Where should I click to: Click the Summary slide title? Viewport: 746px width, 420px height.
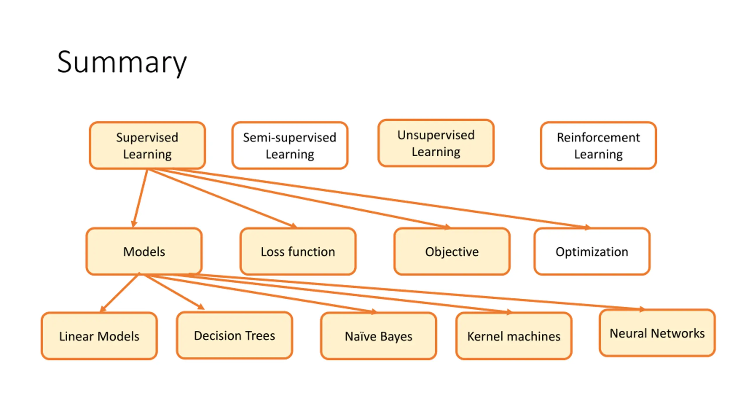point(122,62)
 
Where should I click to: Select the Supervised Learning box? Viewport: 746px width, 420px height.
point(147,146)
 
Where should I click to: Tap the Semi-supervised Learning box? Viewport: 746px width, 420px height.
point(290,146)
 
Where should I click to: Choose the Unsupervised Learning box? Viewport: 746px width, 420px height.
point(436,143)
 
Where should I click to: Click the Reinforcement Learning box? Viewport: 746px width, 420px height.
point(599,146)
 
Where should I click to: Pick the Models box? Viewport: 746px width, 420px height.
point(144,251)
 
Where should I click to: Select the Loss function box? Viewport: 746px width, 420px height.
point(298,251)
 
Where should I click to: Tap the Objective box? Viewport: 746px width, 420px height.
point(452,251)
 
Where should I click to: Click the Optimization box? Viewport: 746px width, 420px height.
point(592,251)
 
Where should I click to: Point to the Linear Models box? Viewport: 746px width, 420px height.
point(99,336)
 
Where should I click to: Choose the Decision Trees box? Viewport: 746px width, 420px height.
point(235,335)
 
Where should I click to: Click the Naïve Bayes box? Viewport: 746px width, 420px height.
point(379,336)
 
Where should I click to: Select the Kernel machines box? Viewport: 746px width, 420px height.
point(514,336)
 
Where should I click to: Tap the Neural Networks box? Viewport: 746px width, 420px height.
point(657,333)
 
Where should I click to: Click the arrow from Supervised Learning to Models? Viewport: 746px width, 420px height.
point(140,198)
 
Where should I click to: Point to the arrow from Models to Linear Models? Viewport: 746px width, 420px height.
point(119,293)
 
